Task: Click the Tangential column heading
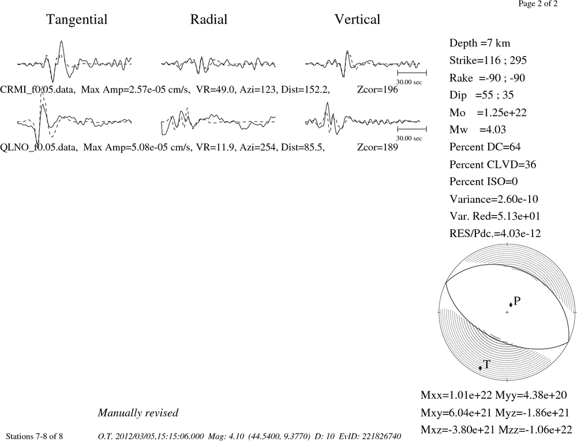(77, 20)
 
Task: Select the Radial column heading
(209, 20)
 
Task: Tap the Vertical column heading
(357, 20)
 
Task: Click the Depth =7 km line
(479, 43)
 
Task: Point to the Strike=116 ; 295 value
(488, 61)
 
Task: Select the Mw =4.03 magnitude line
(477, 130)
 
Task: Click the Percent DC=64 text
(485, 147)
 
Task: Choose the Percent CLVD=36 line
(492, 165)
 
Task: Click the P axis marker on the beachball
(511, 305)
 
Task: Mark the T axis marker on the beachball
(480, 368)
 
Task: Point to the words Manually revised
(138, 413)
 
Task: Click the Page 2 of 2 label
(538, 4)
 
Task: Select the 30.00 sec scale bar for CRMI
(412, 73)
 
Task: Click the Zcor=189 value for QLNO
(377, 147)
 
